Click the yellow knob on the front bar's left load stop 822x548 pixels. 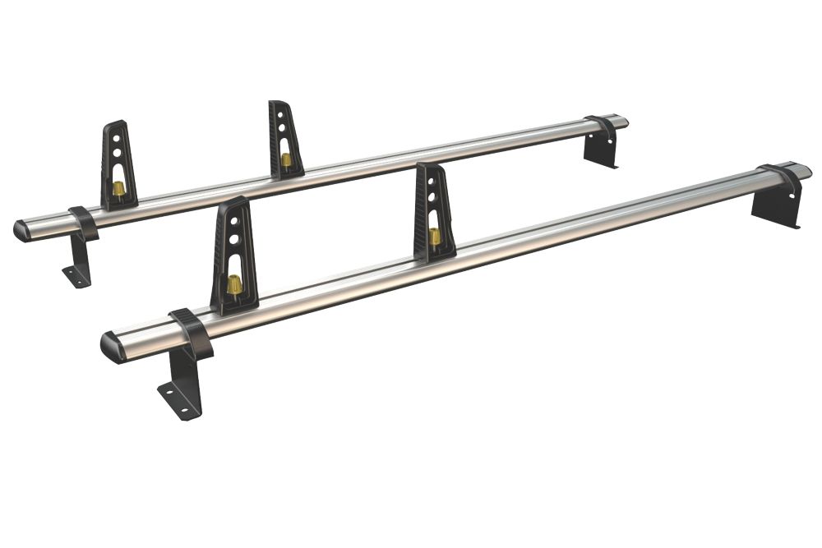pos(234,285)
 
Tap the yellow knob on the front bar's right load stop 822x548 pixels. pos(434,237)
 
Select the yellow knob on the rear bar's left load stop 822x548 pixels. pos(119,189)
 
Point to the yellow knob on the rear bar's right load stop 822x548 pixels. pos(285,159)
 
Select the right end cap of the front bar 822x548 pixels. pos(803,171)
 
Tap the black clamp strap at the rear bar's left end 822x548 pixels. pos(84,221)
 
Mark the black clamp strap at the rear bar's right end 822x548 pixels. pos(602,127)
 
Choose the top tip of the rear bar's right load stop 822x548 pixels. pos(278,104)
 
